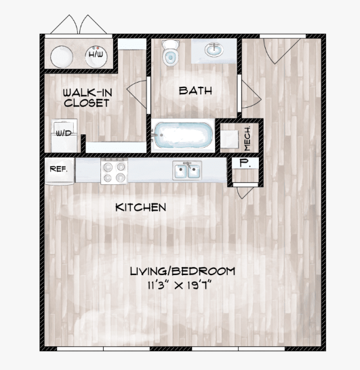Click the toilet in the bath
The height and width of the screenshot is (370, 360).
170,53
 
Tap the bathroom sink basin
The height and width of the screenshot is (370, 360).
214,49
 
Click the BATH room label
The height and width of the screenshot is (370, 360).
195,91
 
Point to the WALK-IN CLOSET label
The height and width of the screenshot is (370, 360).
87,98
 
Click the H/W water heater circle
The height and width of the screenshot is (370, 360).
96,56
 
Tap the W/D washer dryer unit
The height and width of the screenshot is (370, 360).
64,136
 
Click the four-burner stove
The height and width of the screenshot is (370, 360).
115,171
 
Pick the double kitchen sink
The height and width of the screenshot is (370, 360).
187,170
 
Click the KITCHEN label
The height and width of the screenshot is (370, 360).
141,207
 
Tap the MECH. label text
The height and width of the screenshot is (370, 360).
247,139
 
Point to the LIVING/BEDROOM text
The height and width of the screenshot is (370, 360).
182,271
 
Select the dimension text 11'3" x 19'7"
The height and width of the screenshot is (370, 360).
179,285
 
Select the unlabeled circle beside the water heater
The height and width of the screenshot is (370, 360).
62,57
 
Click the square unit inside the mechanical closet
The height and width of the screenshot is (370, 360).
229,139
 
